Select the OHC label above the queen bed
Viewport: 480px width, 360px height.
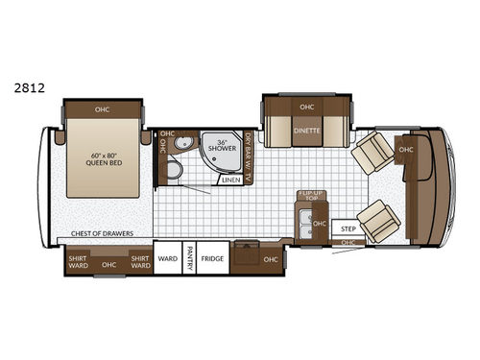click(x=102, y=109)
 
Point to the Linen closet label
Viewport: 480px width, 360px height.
click(x=230, y=180)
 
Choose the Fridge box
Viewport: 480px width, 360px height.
click(x=212, y=258)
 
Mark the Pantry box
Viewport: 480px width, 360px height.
click(x=190, y=258)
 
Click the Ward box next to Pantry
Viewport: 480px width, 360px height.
click(x=167, y=258)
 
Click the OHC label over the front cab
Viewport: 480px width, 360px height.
click(x=406, y=149)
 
